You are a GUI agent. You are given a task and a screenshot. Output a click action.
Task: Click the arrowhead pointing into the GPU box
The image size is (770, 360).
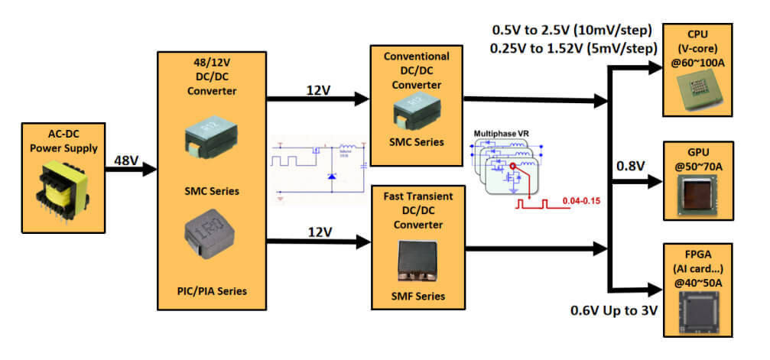point(656,182)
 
